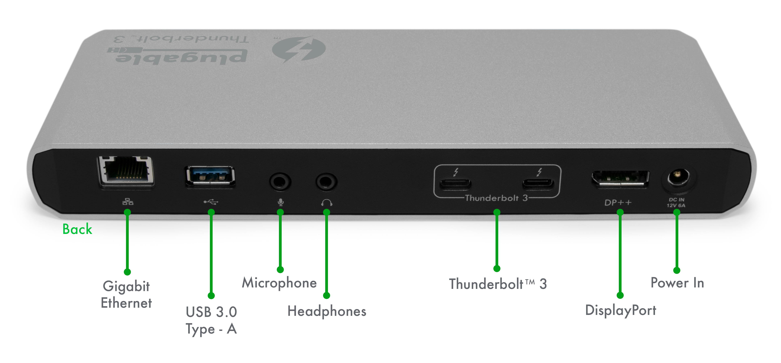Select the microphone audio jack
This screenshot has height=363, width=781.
coord(280,181)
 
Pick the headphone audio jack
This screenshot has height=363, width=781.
coord(326,181)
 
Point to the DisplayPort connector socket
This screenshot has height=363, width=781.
coord(620,180)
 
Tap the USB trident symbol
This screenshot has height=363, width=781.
coord(211,202)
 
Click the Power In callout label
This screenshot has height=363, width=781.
coord(677,283)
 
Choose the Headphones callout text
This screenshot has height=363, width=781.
coord(327,311)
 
